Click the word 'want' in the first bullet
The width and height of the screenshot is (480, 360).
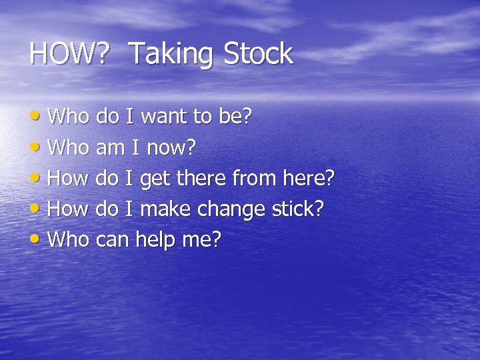click(x=165, y=117)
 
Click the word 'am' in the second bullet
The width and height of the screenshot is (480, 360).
click(x=111, y=148)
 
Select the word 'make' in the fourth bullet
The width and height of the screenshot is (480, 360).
click(x=166, y=209)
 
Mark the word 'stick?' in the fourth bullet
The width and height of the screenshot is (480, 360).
click(x=297, y=209)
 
